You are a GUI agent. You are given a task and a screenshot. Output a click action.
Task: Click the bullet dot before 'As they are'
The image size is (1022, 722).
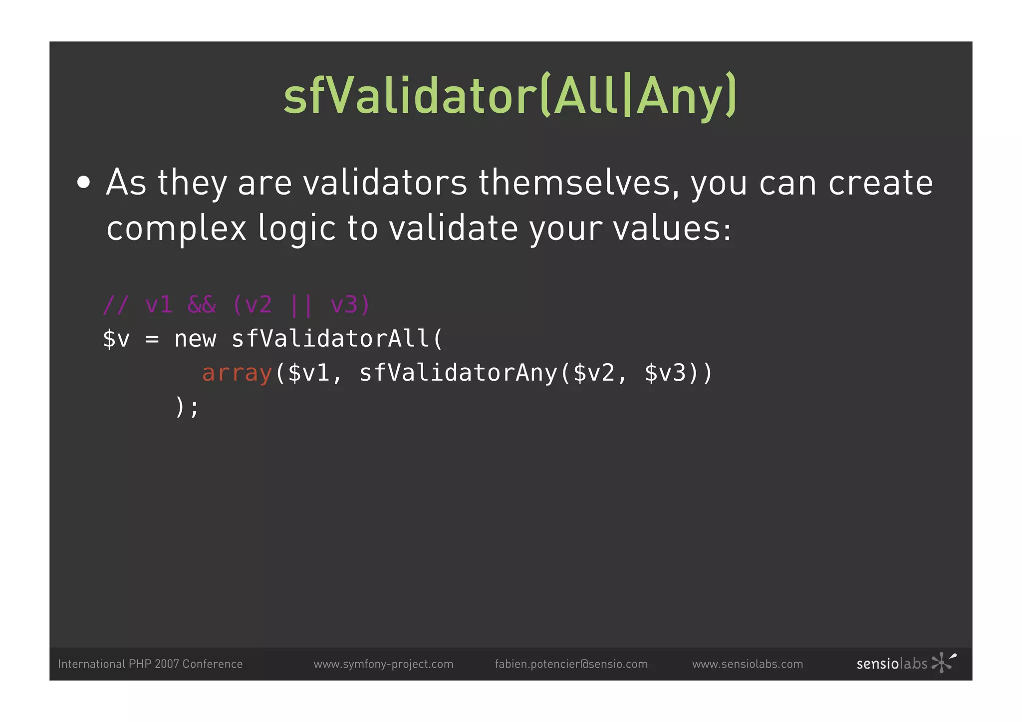pos(84,183)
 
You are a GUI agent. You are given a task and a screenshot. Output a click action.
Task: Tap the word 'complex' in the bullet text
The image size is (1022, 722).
pos(176,229)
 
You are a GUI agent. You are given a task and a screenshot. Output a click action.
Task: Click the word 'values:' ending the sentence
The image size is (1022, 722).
pos(672,229)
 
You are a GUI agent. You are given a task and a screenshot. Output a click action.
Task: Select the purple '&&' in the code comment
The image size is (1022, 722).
pos(202,304)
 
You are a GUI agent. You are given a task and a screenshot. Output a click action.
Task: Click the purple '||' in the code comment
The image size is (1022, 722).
pos(301,304)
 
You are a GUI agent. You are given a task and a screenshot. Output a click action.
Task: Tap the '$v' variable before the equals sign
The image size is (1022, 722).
pos(116,339)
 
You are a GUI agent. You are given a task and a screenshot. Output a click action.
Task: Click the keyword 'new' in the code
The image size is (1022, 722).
pos(195,339)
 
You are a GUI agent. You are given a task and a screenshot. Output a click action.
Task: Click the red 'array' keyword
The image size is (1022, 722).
pos(237,373)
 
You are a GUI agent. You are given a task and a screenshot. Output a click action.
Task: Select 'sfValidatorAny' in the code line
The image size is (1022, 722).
pos(458,373)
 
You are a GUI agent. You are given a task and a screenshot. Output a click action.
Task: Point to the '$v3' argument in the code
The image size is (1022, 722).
pos(665,373)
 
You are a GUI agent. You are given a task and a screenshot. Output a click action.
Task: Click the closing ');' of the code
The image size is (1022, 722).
pos(187,407)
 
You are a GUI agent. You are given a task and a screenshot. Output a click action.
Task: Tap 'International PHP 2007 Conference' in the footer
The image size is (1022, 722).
pos(150,664)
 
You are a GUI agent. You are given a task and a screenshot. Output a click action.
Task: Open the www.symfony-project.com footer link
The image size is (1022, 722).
pos(383,664)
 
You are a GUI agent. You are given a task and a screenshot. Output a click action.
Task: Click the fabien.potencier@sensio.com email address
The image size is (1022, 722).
pos(571,664)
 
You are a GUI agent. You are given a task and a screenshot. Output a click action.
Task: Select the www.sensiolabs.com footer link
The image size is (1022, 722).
pos(748,664)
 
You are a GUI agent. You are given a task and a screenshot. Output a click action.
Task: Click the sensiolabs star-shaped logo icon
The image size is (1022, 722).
pos(943,663)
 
